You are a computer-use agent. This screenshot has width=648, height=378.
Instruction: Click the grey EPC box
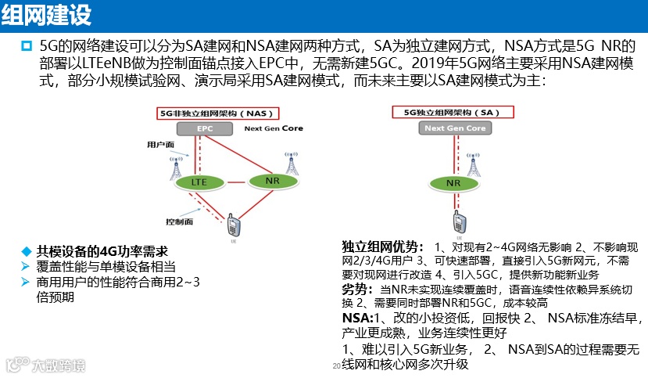tap(205, 128)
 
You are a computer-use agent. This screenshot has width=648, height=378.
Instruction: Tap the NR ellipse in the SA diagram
tap(453, 183)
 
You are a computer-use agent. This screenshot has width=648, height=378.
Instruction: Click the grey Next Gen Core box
tap(455, 128)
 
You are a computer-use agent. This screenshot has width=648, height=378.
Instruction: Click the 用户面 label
tap(159, 145)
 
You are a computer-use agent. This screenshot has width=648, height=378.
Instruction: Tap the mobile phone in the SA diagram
tap(454, 221)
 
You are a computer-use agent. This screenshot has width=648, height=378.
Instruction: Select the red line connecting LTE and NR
tap(234, 182)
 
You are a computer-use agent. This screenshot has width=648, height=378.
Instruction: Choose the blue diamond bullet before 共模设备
tap(26, 251)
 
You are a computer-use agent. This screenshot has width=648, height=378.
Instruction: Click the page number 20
tap(336, 366)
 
